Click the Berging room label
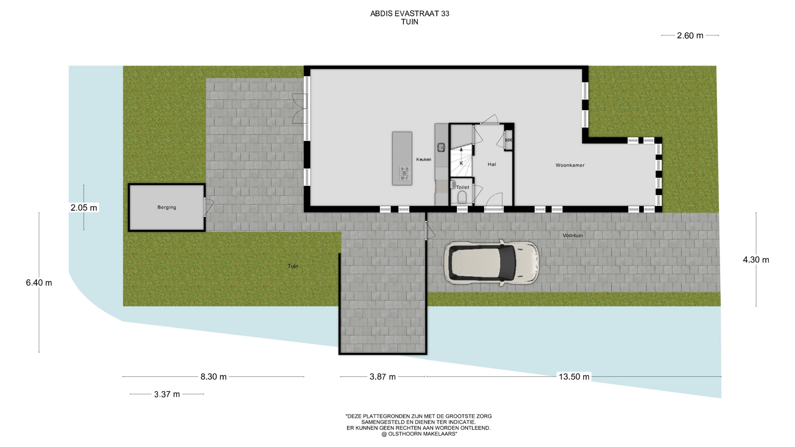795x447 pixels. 166,207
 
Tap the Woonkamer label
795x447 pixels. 570,165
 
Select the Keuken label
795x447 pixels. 424,159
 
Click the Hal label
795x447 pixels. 491,164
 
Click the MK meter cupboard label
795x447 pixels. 508,140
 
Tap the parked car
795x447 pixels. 491,263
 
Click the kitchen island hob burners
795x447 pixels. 405,173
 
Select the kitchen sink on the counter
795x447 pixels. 441,147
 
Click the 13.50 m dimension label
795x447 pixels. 574,377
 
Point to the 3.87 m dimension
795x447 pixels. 383,377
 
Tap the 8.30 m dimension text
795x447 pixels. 214,377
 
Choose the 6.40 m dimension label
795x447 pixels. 39,283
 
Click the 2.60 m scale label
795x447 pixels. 690,36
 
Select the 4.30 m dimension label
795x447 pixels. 756,260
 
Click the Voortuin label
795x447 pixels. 573,236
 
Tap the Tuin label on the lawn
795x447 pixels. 293,266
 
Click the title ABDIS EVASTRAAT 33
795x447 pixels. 410,13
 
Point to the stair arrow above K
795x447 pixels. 461,151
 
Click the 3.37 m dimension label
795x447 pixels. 167,394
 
